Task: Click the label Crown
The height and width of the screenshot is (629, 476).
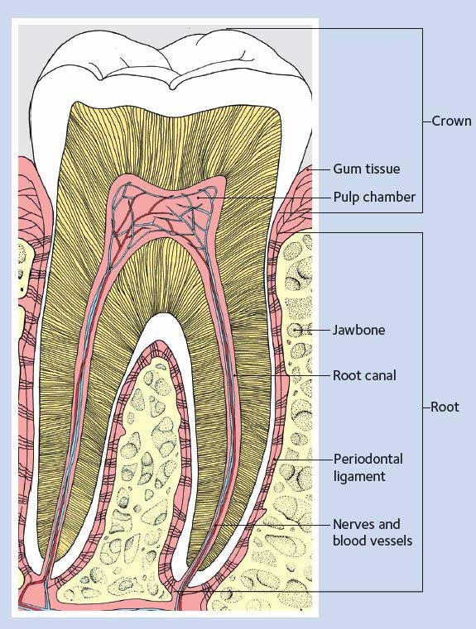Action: pyautogui.click(x=451, y=122)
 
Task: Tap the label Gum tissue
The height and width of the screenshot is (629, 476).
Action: pyautogui.click(x=367, y=169)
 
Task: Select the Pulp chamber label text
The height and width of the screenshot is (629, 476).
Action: pyautogui.click(x=374, y=197)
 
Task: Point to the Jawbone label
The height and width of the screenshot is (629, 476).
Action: pyautogui.click(x=358, y=330)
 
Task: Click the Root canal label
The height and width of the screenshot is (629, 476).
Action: pyautogui.click(x=364, y=375)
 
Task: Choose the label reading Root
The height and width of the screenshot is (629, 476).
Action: pyautogui.click(x=445, y=407)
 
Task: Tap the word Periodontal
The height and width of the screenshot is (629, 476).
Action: pyautogui.click(x=368, y=459)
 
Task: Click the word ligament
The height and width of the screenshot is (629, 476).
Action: pyautogui.click(x=359, y=477)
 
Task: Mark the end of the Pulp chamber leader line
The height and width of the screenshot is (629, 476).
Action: pyautogui.click(x=199, y=198)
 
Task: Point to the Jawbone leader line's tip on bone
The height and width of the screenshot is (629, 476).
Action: pyautogui.click(x=297, y=330)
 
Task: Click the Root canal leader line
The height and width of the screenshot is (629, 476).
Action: pyautogui.click(x=282, y=375)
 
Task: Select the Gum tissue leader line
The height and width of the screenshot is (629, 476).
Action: pyautogui.click(x=319, y=169)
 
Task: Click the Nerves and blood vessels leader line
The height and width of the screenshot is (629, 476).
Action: pyautogui.click(x=272, y=524)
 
